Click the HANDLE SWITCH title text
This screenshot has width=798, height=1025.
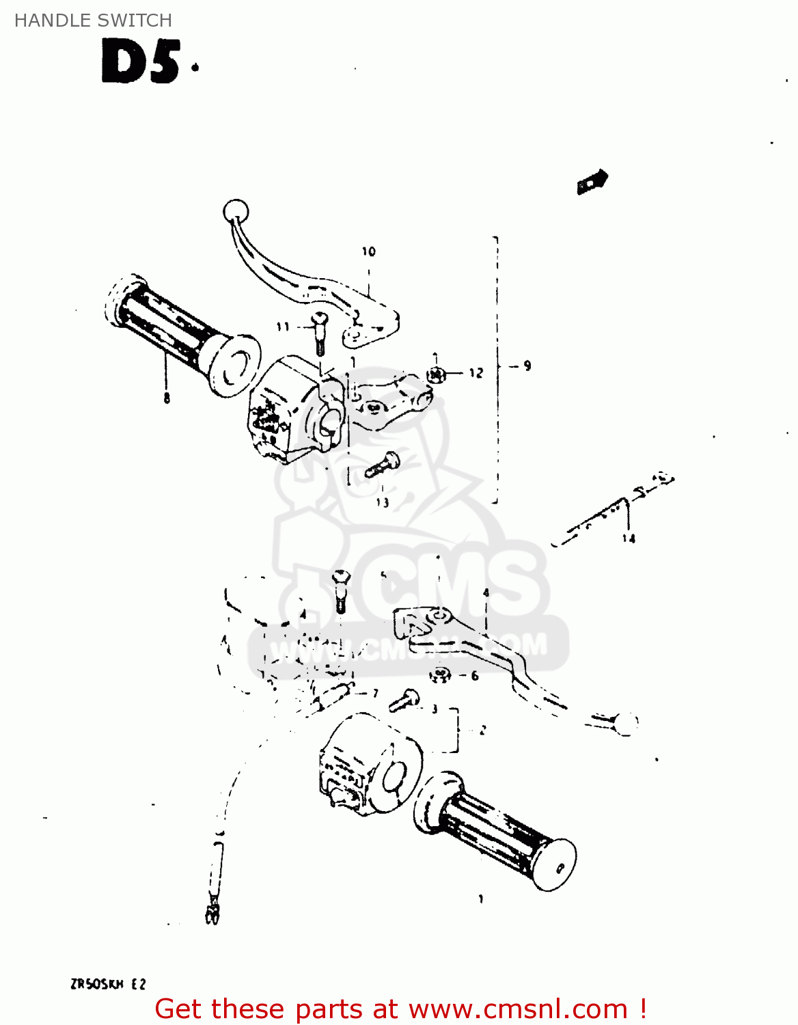coord(93,20)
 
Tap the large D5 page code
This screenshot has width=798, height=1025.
coord(141,62)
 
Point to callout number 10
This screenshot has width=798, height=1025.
coord(369,251)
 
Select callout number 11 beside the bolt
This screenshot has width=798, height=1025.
coord(283,327)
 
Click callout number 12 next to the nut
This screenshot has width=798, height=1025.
coord(476,372)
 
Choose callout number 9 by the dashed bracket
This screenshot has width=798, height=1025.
coord(527,366)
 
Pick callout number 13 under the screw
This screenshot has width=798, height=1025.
coord(382,502)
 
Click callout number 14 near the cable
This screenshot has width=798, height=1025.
coord(629,538)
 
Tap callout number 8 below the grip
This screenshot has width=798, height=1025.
coord(167,398)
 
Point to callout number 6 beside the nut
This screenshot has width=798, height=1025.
coord(474,676)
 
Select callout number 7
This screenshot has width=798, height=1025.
coord(375,694)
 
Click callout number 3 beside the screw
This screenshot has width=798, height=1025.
coord(434,709)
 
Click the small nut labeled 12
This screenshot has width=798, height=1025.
coord(435,374)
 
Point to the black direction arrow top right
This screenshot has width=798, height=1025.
coord(592,182)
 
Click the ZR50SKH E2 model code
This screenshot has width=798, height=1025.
coord(107,984)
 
